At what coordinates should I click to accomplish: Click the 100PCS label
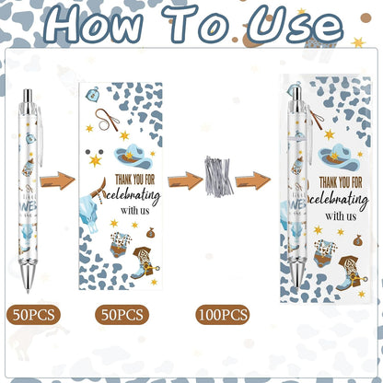click(x=222, y=314)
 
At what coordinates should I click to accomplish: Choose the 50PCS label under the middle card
click(x=120, y=314)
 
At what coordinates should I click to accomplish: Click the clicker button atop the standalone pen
click(x=29, y=96)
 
